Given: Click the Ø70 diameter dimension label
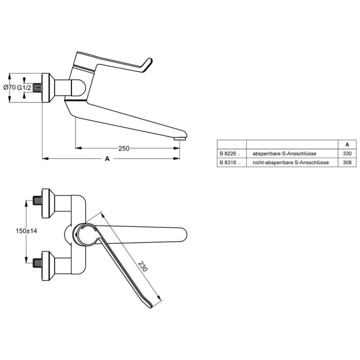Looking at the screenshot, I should [x=9, y=87].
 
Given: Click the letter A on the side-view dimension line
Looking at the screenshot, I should [x=107, y=159].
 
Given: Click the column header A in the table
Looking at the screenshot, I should [x=348, y=145].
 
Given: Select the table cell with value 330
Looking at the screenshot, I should [x=348, y=153].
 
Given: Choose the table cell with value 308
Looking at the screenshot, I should [x=348, y=162].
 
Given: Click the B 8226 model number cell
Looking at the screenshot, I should [x=229, y=153].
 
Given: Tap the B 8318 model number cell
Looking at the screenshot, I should [x=229, y=162].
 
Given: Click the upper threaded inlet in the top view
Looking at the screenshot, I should [x=37, y=199].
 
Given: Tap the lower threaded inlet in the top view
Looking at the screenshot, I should [x=37, y=263].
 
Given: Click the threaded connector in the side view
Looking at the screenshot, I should [x=36, y=87].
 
